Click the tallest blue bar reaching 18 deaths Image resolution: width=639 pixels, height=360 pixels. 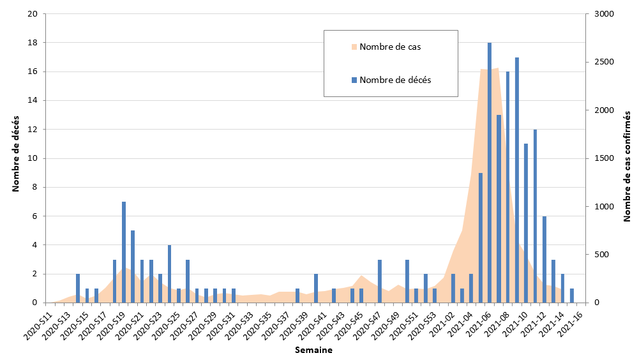click(x=490, y=172)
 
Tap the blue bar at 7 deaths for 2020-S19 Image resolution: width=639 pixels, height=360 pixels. click(x=124, y=252)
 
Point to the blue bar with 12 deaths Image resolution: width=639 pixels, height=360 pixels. click(x=535, y=216)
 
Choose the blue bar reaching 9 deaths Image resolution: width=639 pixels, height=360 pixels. click(x=481, y=237)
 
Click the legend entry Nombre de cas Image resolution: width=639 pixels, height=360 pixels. click(x=389, y=47)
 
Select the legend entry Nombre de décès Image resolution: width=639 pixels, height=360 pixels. click(x=395, y=80)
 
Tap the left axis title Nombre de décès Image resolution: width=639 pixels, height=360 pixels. click(x=15, y=154)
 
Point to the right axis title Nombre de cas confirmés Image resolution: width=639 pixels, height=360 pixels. click(x=627, y=158)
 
